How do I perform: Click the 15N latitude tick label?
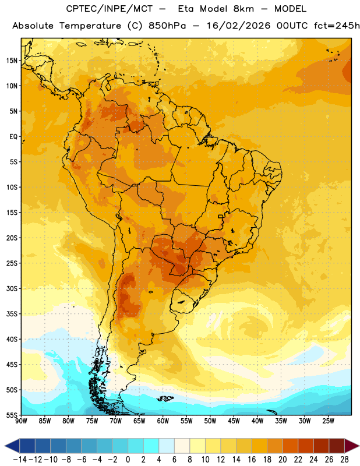(12, 61)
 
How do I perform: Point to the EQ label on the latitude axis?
(13, 137)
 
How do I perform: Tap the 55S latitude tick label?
(12, 415)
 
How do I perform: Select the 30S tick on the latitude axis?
(12, 288)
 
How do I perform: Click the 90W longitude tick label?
(21, 421)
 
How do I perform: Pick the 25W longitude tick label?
(328, 421)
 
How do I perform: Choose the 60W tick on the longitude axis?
(163, 421)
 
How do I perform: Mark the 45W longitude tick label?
(234, 421)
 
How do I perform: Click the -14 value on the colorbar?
(20, 460)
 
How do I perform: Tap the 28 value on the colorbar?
(344, 460)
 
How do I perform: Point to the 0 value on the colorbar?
(128, 460)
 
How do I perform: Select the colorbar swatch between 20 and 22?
(291, 446)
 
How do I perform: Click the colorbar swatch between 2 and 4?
(151, 446)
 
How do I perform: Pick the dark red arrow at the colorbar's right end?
(352, 446)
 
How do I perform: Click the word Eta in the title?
(185, 9)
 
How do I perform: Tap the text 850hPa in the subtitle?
(167, 26)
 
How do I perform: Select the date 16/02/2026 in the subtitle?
(239, 26)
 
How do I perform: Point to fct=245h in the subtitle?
(337, 26)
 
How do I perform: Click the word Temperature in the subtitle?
(90, 26)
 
